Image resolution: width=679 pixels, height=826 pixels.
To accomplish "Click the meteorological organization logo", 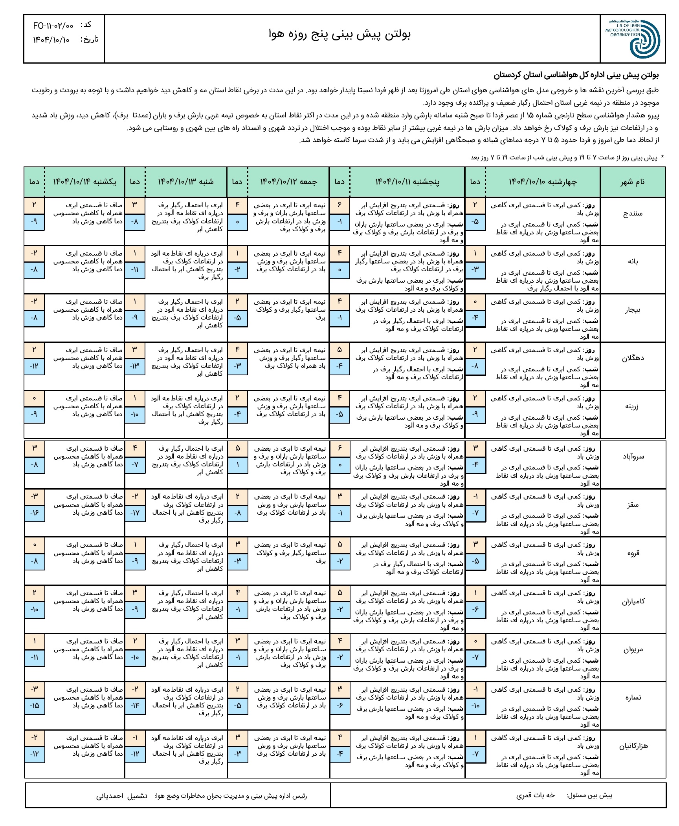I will coord(632,39).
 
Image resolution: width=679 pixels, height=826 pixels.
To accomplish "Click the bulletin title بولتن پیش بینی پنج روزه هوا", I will coord(339,35).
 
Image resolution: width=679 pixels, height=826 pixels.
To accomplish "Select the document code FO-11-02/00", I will coord(53,26).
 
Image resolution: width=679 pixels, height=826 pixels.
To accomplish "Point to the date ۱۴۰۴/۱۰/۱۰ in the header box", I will coord(51,40).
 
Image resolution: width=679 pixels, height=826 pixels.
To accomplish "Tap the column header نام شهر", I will coord(632,182).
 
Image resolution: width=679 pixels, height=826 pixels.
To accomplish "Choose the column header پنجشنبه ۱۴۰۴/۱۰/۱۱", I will coord(407,182).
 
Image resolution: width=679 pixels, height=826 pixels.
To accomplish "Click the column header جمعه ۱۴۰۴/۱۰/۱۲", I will coord(288,182).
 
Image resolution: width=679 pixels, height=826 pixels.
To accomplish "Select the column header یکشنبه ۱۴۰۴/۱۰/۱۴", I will coord(84,182).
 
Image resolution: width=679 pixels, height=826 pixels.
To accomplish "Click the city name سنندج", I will coord(633,214).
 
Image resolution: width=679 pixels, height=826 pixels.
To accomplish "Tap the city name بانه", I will coord(633,262).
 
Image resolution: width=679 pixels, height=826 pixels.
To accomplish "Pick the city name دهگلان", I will coord(633,358).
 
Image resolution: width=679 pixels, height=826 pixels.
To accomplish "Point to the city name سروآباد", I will coord(633,457).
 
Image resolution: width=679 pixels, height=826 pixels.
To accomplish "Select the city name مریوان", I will coord(633,649).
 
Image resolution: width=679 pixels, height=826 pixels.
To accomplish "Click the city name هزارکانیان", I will coord(633,746).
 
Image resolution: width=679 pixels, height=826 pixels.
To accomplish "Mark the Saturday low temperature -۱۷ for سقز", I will coord(135,513).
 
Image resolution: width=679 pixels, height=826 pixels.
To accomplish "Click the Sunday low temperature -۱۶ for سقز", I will coord(34,513).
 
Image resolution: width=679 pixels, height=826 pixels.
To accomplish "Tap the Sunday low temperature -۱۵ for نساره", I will coord(34,705).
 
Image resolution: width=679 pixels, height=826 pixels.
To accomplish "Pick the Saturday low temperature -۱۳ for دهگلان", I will coord(135,366).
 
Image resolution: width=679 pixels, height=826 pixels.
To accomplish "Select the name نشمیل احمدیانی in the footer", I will coord(122,796).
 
